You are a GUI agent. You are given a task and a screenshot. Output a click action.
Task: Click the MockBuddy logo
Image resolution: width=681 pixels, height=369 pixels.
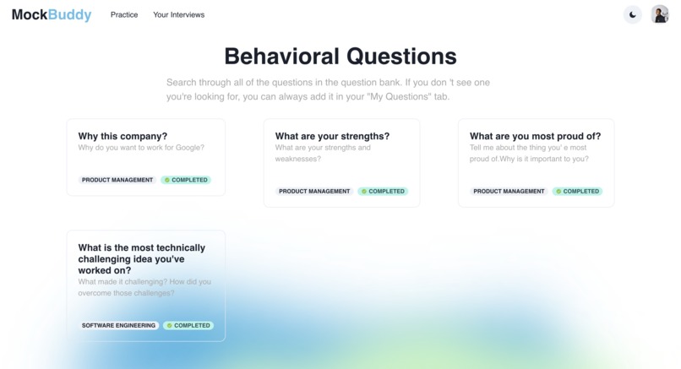[x=52, y=14]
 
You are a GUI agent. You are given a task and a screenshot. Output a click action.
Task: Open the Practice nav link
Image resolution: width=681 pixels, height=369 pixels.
[x=124, y=15]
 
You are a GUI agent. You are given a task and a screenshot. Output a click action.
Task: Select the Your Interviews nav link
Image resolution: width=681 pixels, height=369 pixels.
[x=178, y=15]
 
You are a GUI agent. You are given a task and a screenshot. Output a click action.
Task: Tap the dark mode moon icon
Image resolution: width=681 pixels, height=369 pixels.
[x=632, y=14]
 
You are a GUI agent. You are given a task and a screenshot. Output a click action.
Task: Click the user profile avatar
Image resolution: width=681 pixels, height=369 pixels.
[x=660, y=14]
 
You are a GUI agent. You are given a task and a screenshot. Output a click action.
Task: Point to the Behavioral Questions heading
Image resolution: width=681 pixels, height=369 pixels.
[x=340, y=57]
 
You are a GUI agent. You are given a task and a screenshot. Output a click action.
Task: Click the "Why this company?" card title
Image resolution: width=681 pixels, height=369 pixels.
[x=123, y=136]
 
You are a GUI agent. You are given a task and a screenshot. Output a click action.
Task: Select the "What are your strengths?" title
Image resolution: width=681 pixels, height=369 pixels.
[x=332, y=136]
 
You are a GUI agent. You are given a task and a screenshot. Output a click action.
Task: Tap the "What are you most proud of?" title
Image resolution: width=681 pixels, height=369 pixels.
[x=535, y=136]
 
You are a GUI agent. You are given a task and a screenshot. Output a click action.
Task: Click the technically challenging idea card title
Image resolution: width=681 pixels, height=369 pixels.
[x=141, y=259]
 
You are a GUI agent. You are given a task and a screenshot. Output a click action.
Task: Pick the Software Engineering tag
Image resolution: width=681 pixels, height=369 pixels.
[x=118, y=325]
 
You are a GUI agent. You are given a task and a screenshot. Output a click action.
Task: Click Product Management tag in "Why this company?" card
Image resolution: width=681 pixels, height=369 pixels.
[x=117, y=180]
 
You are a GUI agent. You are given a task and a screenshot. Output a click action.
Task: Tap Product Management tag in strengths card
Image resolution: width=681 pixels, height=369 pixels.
[x=314, y=192]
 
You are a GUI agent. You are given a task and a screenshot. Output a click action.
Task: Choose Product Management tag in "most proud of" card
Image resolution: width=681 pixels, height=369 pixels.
[x=509, y=192]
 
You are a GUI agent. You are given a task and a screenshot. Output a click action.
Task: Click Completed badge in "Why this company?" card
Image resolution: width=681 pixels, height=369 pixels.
[x=186, y=180]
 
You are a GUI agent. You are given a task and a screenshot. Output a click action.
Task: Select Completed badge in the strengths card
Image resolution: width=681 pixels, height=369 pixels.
[x=383, y=192]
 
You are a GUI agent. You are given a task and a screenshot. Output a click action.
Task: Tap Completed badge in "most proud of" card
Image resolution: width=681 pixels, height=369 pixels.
[x=577, y=192]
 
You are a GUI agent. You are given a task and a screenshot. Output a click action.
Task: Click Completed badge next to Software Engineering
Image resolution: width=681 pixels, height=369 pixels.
[x=188, y=325]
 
